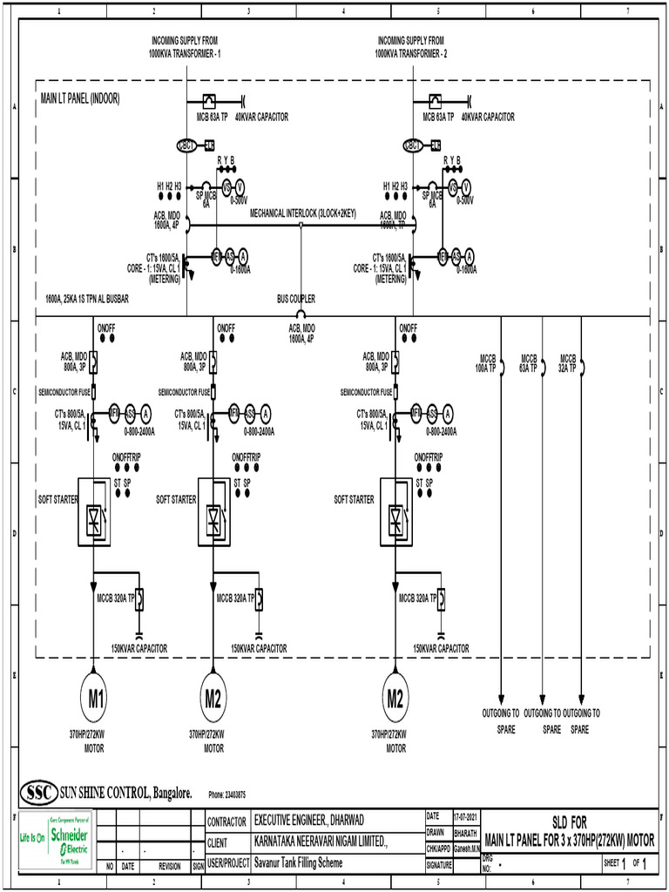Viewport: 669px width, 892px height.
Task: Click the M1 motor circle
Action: [x=94, y=698]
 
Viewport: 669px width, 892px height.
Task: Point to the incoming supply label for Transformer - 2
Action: [x=411, y=47]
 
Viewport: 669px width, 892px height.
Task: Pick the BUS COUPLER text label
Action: [x=296, y=299]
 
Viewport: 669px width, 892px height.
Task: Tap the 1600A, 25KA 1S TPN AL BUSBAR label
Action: [x=87, y=299]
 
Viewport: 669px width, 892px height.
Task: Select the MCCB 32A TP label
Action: [x=568, y=363]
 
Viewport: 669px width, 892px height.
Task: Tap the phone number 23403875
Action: [x=227, y=794]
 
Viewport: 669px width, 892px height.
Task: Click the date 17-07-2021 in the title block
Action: [x=466, y=817]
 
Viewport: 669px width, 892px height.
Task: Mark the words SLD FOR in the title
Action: [x=570, y=822]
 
